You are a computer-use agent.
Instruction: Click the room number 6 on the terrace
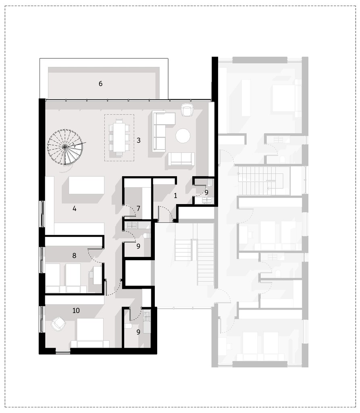point(100,83)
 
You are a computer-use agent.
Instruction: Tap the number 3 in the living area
point(139,140)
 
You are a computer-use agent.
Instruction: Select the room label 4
point(75,209)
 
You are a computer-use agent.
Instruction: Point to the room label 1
point(175,196)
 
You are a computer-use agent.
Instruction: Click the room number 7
point(138,209)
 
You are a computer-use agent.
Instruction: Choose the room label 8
point(74,255)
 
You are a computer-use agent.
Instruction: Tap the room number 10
point(76,310)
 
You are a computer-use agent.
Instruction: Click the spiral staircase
point(65,147)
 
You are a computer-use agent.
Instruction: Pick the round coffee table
point(183,136)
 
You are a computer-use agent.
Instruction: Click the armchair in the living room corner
point(187,109)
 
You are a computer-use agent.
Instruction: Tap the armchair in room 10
point(58,324)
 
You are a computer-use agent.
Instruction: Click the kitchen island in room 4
point(86,185)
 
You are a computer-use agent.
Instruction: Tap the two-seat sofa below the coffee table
point(181,159)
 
